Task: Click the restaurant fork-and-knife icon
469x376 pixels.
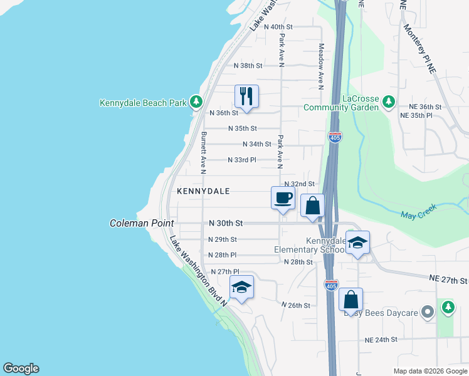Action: coord(246,97)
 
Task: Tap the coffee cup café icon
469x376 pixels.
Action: coord(283,198)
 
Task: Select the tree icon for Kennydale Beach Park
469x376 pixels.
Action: coord(196,102)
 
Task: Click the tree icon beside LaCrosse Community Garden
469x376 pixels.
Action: coord(389,101)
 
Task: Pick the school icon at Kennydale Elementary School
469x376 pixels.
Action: coord(357,243)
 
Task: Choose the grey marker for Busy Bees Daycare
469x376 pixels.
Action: coord(428,311)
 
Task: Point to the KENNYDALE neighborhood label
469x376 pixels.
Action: coord(203,191)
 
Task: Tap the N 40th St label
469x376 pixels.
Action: coord(278,27)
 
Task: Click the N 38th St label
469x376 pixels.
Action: coord(248,65)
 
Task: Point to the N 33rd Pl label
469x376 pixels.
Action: coord(242,160)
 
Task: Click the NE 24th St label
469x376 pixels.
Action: coord(381,340)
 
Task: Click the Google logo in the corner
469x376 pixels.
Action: coord(21,368)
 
